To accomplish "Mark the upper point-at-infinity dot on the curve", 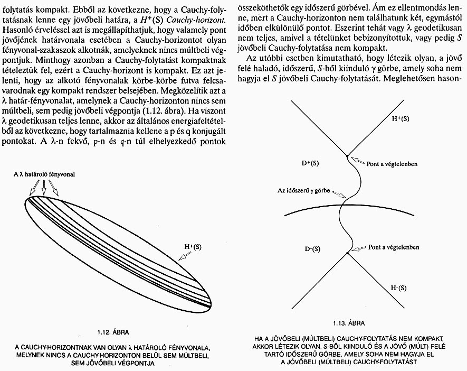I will point(347,155).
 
